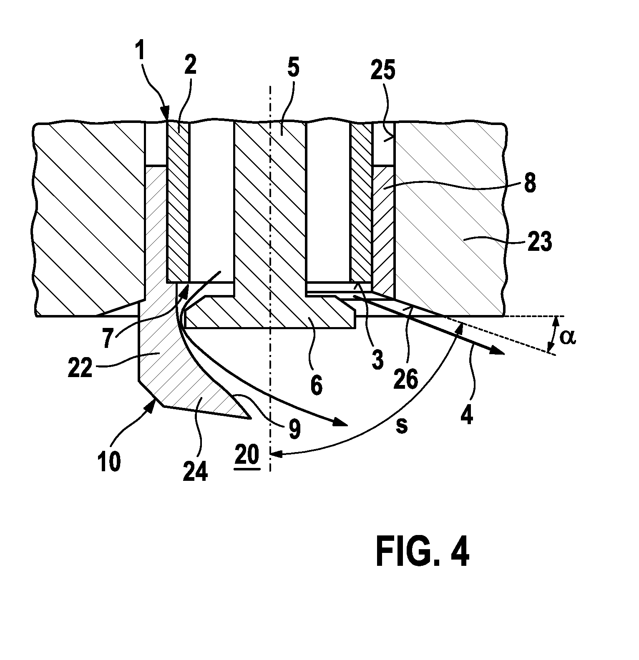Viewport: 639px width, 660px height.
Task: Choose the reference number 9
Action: point(294,429)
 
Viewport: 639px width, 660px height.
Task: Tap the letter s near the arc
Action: point(402,426)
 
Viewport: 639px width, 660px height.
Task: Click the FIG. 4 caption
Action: point(423,552)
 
